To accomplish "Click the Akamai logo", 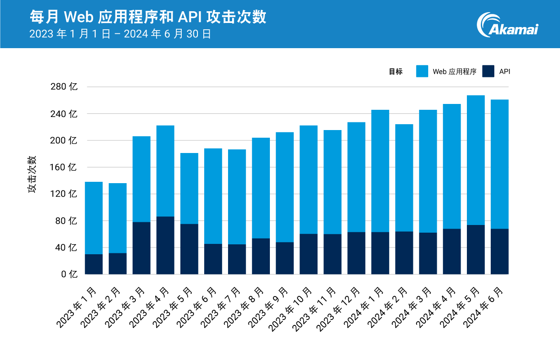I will pyautogui.click(x=508, y=25).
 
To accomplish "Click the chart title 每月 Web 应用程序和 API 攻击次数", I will pyautogui.click(x=148, y=17).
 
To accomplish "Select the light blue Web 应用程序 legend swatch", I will pyautogui.click(x=422, y=71).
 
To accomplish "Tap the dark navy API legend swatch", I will pyautogui.click(x=488, y=71).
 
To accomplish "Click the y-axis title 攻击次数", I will pyautogui.click(x=32, y=175).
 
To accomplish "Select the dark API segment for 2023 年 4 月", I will pyautogui.click(x=165, y=245).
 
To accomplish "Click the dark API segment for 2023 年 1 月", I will pyautogui.click(x=94, y=264).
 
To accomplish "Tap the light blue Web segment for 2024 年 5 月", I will pyautogui.click(x=475, y=160).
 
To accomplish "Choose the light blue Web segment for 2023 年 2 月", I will pyautogui.click(x=117, y=218).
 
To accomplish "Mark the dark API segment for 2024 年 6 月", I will pyautogui.click(x=499, y=252).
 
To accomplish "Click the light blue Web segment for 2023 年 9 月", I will pyautogui.click(x=285, y=187).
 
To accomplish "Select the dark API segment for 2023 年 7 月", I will pyautogui.click(x=237, y=259).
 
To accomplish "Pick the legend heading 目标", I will pyautogui.click(x=395, y=72).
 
